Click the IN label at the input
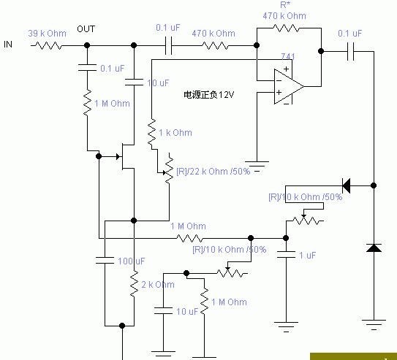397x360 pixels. point(8,45)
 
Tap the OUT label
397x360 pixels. point(86,28)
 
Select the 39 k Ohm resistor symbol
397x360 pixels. point(48,45)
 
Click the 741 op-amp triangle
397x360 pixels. point(289,86)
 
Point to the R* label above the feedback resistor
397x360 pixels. point(285,5)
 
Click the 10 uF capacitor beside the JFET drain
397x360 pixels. point(134,83)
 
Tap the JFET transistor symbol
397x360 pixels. point(125,157)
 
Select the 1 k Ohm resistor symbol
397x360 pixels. point(151,132)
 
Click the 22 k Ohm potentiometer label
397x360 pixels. point(213,172)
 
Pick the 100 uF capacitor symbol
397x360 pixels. point(105,261)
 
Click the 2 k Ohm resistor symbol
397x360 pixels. point(134,283)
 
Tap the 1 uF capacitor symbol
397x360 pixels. point(286,255)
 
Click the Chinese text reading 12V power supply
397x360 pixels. point(208,94)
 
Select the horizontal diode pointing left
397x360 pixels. point(346,185)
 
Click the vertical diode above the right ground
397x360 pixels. point(374,248)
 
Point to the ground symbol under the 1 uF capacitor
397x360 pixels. point(286,326)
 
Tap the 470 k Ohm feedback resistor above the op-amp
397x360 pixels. point(286,28)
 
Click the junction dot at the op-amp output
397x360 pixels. point(321,51)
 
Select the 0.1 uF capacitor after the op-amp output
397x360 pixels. point(351,51)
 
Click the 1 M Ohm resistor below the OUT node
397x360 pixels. point(87,102)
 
